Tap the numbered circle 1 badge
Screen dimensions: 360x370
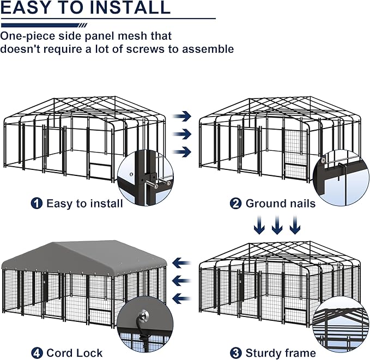click(37, 203)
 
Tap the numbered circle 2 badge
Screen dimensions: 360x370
click(236, 203)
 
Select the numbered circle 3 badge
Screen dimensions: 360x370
click(236, 353)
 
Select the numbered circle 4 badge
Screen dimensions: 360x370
click(37, 353)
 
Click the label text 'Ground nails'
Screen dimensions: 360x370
click(280, 203)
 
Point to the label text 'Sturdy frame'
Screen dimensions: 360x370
click(280, 353)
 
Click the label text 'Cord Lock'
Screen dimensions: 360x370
click(74, 353)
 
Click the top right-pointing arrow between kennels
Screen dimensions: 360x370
click(186, 115)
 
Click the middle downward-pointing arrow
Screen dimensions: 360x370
click(277, 224)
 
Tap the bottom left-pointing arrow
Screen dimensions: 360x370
click(181, 298)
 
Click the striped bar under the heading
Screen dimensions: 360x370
click(44, 25)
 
